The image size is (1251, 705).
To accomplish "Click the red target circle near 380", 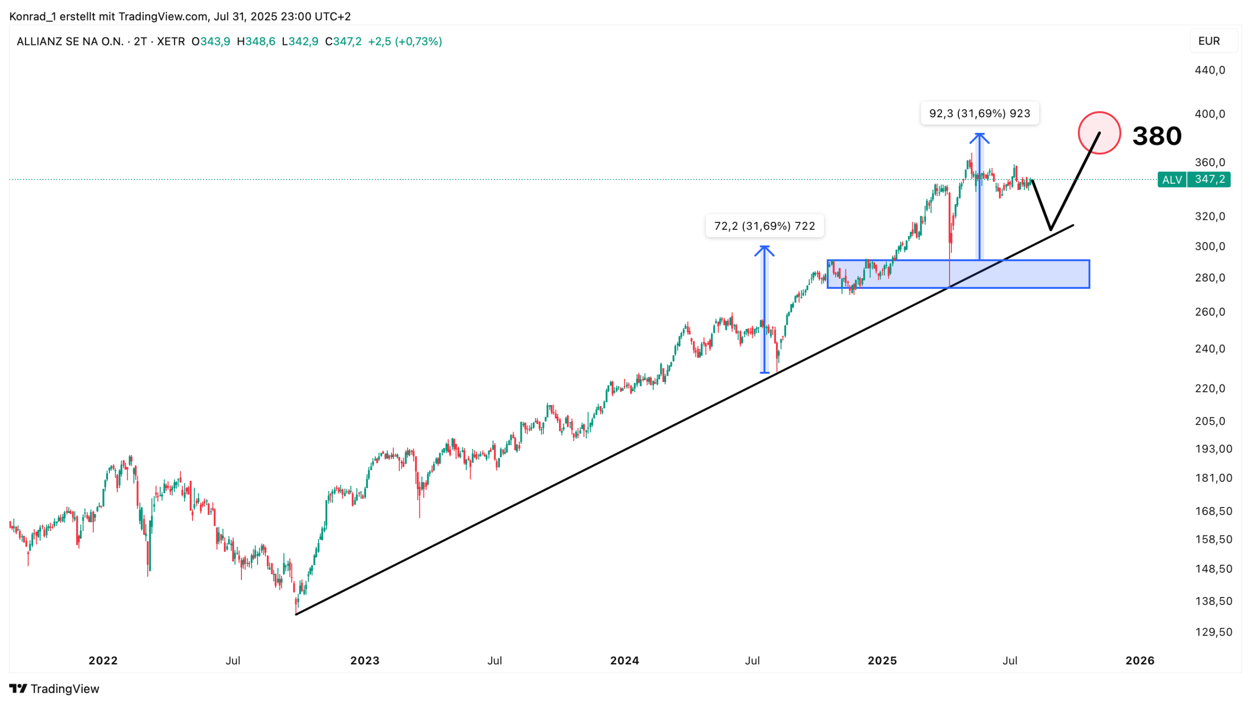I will pos(1099,133).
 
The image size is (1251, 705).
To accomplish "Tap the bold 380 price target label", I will pos(1156,136).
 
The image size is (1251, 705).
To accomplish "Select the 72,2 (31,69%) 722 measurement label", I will pos(764,226).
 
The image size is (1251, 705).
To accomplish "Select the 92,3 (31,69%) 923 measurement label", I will pos(979,113).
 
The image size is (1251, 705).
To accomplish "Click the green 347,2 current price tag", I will pos(1209,179).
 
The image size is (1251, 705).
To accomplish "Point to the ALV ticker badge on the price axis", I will pos(1171,180).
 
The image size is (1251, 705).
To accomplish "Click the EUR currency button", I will pos(1208,41).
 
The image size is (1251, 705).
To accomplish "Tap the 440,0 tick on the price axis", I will pos(1209,70).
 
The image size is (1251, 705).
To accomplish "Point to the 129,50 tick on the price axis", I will pos(1213,632).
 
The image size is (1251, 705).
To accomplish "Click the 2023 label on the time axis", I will pos(365,661).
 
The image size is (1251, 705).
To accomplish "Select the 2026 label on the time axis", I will pos(1140,661).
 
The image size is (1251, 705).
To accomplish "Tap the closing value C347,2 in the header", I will pos(343,42).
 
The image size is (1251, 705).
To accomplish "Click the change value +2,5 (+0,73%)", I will pos(405,42).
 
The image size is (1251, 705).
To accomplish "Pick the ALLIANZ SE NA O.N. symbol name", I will pos(70,42).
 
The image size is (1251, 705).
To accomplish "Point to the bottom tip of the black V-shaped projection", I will pos(1050,229).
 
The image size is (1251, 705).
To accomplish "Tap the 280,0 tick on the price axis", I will pos(1209,278).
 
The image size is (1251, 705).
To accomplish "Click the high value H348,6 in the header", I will pos(256,42).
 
